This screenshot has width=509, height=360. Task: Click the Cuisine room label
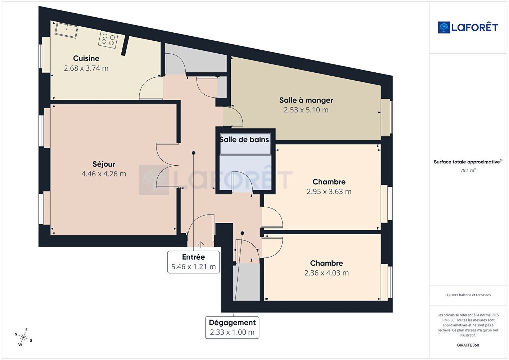pos(86,58)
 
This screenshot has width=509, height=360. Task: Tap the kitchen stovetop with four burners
pos(108,40)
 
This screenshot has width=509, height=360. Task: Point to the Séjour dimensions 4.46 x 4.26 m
pos(104,174)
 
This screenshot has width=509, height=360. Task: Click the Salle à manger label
pos(306,100)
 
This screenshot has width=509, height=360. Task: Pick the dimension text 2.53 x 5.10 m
pos(306,110)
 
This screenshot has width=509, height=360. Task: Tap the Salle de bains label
pos(244,140)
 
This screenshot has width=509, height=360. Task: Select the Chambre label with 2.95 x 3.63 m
pos(329,182)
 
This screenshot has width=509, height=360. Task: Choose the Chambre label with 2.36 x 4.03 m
pos(326,263)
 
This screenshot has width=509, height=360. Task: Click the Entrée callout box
pos(193,262)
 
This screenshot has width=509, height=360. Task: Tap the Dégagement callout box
pos(232,328)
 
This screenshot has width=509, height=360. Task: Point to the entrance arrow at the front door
pos(201,244)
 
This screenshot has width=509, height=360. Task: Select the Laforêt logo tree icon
pos(444,27)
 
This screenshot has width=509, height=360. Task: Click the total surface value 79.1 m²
pos(468,170)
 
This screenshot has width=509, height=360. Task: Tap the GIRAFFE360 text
pos(468,345)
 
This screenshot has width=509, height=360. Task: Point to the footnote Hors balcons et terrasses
pos(468,295)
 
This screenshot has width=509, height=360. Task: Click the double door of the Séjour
pos(167,166)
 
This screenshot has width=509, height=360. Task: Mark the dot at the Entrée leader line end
pos(194,153)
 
